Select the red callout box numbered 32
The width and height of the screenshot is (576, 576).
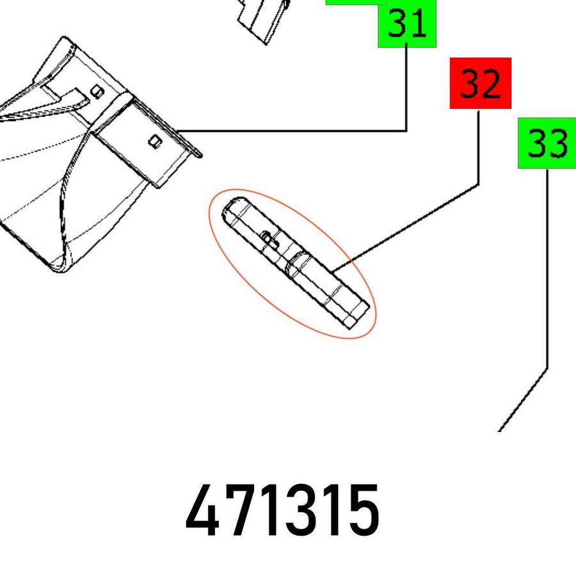480,83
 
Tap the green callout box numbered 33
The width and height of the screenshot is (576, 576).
547,143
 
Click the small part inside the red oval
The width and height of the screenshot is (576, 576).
294,262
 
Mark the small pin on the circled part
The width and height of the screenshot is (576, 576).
269,239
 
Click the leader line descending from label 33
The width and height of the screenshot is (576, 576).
547,269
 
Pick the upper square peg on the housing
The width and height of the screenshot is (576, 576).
97,91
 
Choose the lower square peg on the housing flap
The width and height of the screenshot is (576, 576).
154,140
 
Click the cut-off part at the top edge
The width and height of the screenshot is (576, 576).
262,19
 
